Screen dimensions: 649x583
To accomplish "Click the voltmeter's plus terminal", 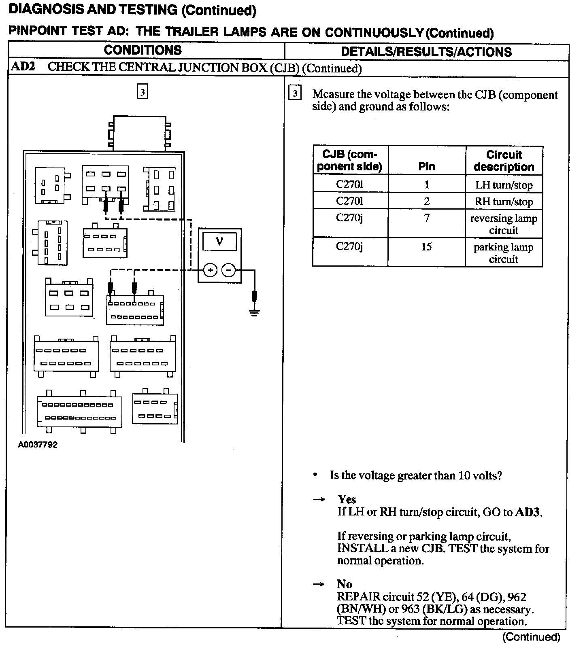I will click(x=210, y=270).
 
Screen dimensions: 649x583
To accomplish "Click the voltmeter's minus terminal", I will click(x=229, y=270).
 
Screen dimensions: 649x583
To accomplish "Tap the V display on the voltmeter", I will click(x=219, y=242).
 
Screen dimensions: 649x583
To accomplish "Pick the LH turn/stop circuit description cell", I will click(x=504, y=185).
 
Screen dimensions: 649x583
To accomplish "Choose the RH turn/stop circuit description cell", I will click(x=504, y=201).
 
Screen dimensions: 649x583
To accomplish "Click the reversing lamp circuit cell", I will click(x=504, y=224).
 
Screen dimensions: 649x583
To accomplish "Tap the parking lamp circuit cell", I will click(x=504, y=253).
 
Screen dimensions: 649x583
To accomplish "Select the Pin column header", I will click(x=427, y=166).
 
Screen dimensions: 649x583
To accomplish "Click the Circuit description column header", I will click(x=504, y=161).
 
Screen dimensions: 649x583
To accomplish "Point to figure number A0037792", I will click(x=38, y=445).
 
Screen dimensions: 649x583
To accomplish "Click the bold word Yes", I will click(x=347, y=499).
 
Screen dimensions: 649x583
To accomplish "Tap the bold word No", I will click(x=344, y=584).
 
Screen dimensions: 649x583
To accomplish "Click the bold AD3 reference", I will click(x=528, y=512).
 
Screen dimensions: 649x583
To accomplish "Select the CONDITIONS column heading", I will click(x=143, y=50).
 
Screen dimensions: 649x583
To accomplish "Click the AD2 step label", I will click(x=23, y=67).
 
